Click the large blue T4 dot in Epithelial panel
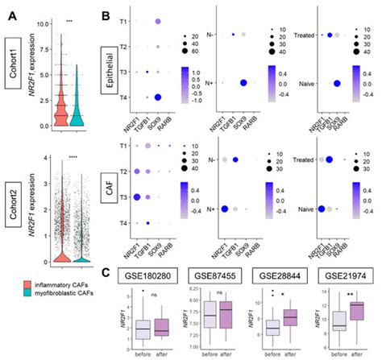159,97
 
